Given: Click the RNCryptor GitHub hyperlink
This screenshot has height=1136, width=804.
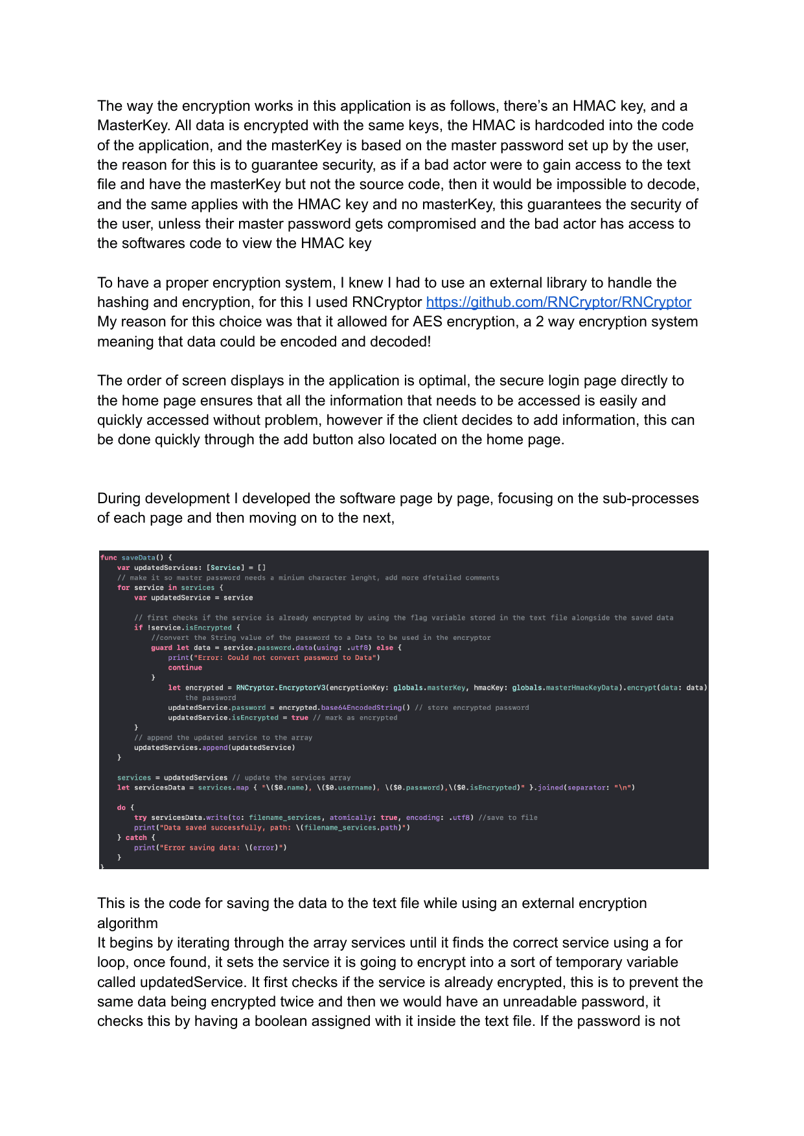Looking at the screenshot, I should pos(558,302).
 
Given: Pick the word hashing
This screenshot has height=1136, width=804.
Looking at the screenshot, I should pos(125,302).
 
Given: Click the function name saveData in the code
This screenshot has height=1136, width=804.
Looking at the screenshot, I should pos(138,558).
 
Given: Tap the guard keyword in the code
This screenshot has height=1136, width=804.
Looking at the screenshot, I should pos(161,648).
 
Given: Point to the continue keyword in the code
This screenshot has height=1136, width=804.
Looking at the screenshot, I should pos(185,668).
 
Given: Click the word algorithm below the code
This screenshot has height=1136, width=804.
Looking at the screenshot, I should pos(128,924).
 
